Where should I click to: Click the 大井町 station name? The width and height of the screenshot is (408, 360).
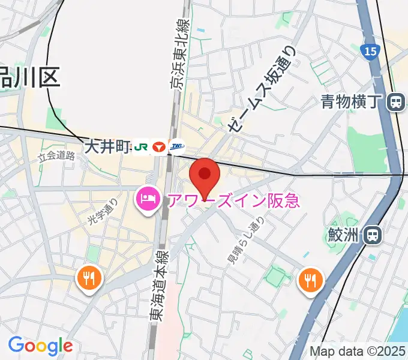click(107, 146)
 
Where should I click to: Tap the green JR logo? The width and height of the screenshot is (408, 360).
click(141, 146)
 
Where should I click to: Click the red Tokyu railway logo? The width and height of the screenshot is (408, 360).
click(159, 146)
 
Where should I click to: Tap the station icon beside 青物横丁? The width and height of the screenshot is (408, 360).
click(395, 103)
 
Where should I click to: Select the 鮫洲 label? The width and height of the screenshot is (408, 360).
click(345, 234)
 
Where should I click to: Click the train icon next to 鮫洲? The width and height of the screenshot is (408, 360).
click(373, 234)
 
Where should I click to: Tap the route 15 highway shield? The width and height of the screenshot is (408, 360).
click(370, 52)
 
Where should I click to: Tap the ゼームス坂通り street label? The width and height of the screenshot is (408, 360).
click(262, 90)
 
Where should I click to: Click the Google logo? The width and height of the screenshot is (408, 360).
click(40, 346)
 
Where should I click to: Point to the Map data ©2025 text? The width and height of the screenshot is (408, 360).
click(358, 351)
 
